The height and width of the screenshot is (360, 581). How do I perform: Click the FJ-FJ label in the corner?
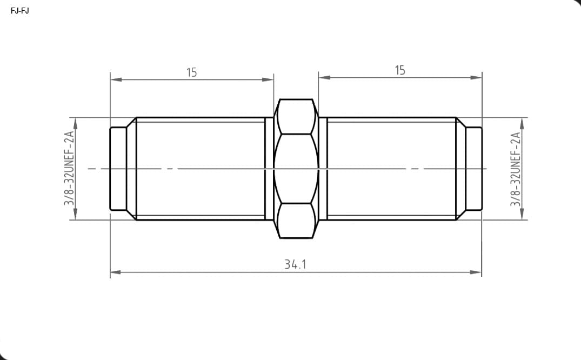19,11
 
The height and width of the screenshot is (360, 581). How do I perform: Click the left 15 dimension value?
191,72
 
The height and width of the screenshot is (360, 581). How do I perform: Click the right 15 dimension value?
400,70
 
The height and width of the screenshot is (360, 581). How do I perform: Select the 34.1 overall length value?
295,264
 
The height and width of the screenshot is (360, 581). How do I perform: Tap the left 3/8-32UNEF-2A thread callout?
69,168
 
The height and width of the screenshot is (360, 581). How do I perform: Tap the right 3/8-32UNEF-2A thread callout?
516,169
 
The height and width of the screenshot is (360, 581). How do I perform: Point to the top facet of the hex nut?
296,116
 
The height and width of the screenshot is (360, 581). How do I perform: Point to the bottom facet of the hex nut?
296,221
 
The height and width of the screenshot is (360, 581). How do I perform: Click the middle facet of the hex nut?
296,169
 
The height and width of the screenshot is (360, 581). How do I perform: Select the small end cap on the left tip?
118,169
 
